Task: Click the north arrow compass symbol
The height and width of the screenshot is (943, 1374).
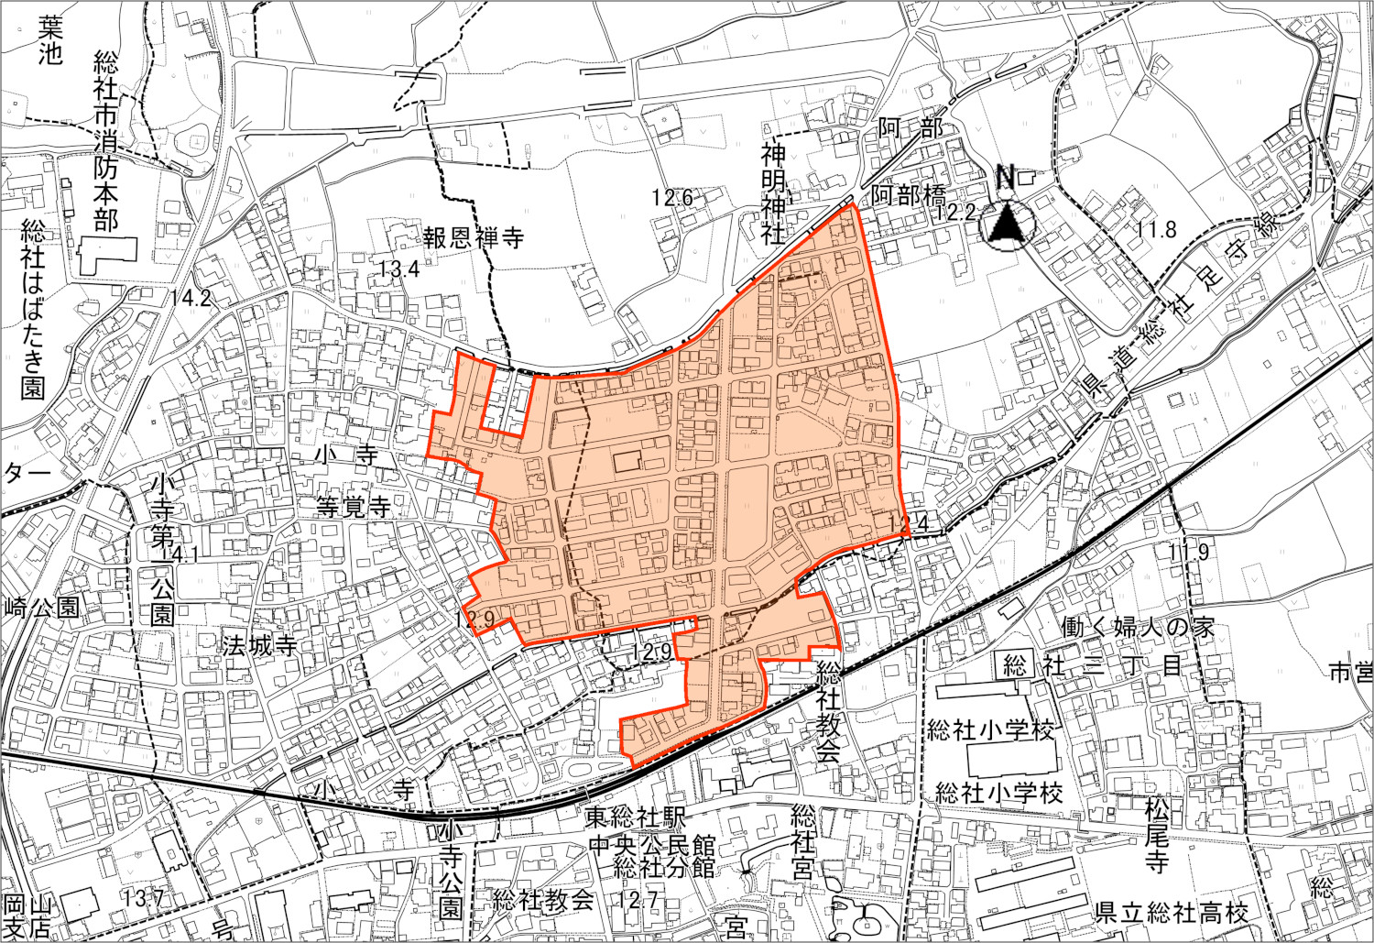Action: coord(1006,224)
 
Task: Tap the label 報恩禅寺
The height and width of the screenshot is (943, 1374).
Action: coord(473,238)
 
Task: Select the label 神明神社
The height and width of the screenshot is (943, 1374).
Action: coord(774,193)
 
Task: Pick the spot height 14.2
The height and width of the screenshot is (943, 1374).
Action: coord(191,297)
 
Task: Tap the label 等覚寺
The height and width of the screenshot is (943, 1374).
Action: coord(354,507)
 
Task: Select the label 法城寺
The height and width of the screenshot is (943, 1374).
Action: coord(260,645)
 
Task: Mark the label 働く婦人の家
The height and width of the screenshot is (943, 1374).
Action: coord(1138,627)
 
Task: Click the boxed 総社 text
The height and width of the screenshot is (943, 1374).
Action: coord(1015,664)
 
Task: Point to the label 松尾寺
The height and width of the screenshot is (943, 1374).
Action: coord(1157,834)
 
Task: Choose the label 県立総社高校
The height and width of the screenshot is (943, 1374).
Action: coord(1172,913)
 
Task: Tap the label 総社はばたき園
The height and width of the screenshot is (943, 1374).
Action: coord(33,309)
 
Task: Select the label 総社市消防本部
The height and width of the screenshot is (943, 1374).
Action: coord(106,141)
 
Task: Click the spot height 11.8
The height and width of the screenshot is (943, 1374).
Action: coord(1156,229)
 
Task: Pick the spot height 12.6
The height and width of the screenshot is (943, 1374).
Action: coord(672,197)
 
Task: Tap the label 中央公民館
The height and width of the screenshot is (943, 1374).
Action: coord(651,844)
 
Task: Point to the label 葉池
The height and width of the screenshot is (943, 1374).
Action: coord(49,42)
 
